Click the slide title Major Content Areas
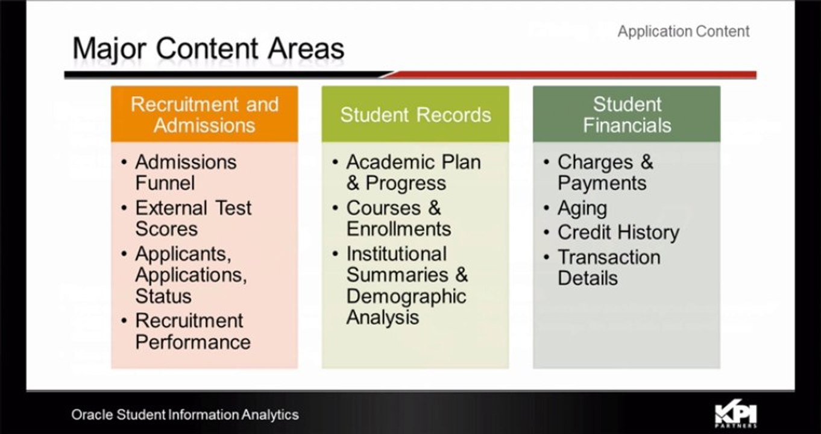pyautogui.click(x=208, y=49)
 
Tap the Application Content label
pyautogui.click(x=683, y=31)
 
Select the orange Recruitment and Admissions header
pyautogui.click(x=204, y=114)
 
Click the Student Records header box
pyautogui.click(x=415, y=115)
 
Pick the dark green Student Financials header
pyautogui.click(x=626, y=114)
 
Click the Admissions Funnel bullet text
pyautogui.click(x=185, y=172)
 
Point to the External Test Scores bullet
pyautogui.click(x=193, y=218)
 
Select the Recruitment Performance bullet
pyautogui.click(x=192, y=331)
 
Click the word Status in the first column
pyautogui.click(x=163, y=297)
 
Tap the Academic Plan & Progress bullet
pyautogui.click(x=413, y=172)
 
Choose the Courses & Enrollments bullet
pyautogui.click(x=398, y=218)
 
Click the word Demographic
pyautogui.click(x=406, y=297)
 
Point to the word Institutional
pyautogui.click(x=396, y=254)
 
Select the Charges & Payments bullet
pyautogui.click(x=605, y=172)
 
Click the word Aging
pyautogui.click(x=582, y=209)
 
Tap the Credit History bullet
pyautogui.click(x=618, y=233)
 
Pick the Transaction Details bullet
pyautogui.click(x=608, y=268)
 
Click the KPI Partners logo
pyautogui.click(x=735, y=415)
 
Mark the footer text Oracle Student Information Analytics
pyautogui.click(x=185, y=415)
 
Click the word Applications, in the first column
pyautogui.click(x=191, y=275)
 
